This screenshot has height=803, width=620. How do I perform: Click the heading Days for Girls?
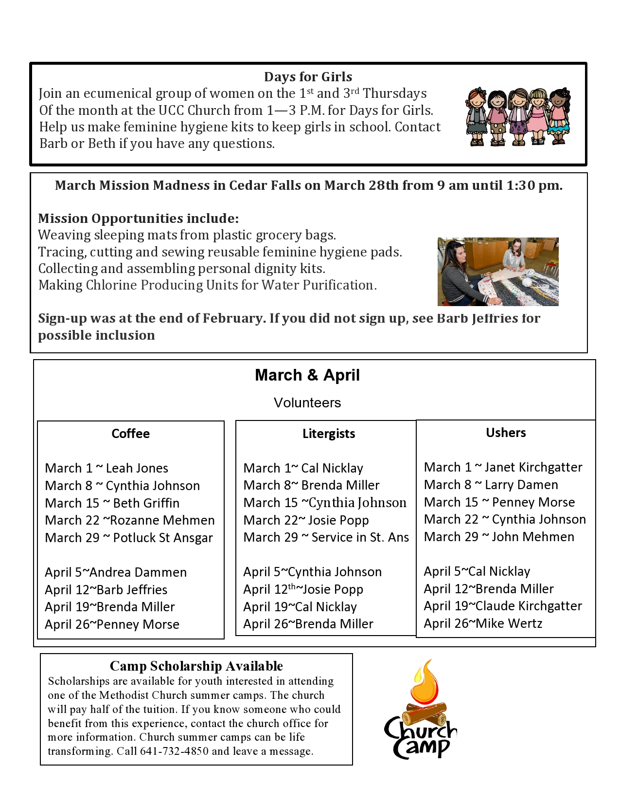[x=308, y=77]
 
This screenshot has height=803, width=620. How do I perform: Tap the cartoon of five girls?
[x=517, y=117]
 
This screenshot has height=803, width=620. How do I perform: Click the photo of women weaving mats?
[x=498, y=272]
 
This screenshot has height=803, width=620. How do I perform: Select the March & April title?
[x=307, y=375]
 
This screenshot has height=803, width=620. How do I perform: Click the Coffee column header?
[x=130, y=434]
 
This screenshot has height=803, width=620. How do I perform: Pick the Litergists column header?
[x=329, y=434]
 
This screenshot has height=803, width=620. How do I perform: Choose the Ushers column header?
[x=506, y=433]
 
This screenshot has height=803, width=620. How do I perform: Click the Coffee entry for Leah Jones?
[x=106, y=468]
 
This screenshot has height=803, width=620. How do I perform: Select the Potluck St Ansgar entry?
[x=129, y=538]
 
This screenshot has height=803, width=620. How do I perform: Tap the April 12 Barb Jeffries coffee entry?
[x=106, y=590]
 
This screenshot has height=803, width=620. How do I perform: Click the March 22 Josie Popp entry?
[x=306, y=520]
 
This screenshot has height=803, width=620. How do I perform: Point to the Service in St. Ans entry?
[x=326, y=537]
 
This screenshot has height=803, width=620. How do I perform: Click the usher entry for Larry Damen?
[x=491, y=485]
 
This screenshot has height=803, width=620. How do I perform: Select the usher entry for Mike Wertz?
[x=483, y=623]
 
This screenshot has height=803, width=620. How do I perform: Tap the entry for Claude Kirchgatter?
[x=503, y=606]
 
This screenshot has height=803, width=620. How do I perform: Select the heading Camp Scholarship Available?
[x=196, y=666]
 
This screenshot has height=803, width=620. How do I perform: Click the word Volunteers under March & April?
[x=307, y=403]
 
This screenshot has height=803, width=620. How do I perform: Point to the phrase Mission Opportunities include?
[x=139, y=219]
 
